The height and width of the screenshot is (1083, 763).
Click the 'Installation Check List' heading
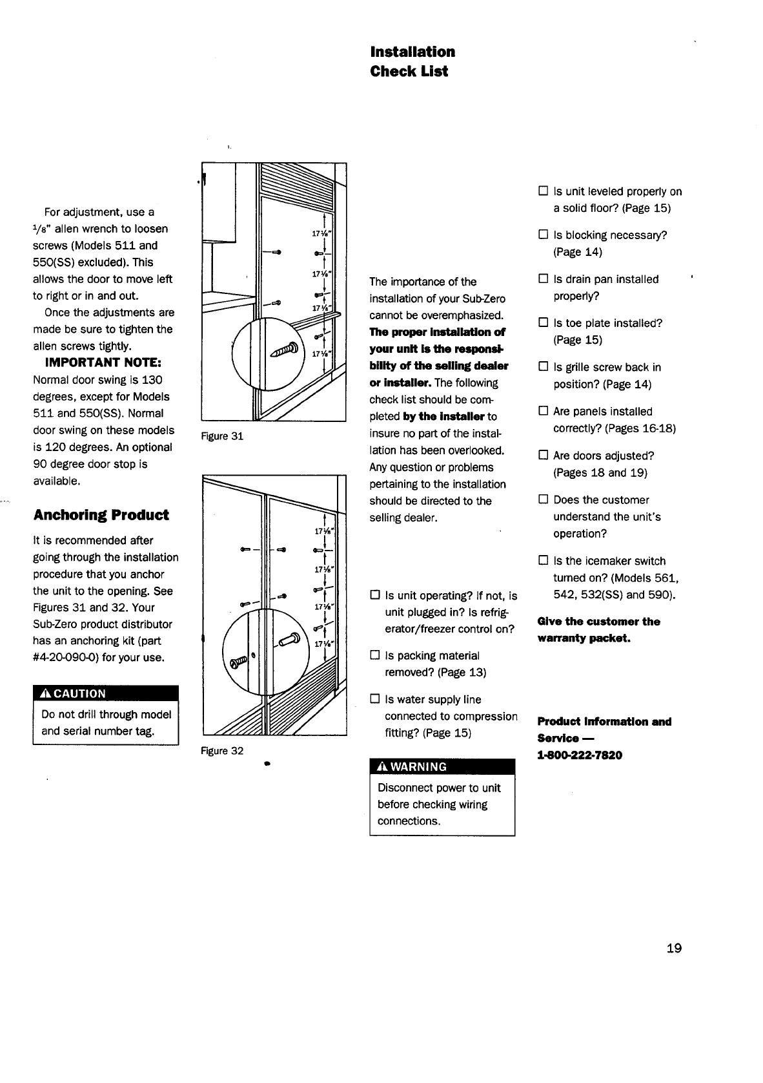412,61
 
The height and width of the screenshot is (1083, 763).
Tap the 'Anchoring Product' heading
101,515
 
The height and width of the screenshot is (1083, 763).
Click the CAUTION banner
105,693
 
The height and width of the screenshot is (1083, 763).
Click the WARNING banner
442,767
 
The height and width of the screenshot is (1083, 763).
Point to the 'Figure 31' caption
222,436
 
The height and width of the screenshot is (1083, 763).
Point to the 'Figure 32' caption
222,751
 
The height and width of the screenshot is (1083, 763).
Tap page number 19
674,948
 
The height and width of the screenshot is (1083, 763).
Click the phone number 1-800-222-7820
580,755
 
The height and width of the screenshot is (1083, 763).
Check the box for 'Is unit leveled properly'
543,191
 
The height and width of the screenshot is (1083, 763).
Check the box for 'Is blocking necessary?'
543,235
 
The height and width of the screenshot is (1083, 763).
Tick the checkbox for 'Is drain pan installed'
543,279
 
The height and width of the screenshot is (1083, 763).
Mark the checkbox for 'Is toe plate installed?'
543,323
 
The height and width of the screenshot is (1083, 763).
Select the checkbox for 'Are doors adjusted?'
543,456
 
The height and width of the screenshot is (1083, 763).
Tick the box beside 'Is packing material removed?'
374,656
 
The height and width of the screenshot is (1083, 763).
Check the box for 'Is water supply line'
374,700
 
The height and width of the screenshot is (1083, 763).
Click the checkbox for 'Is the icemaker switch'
543,561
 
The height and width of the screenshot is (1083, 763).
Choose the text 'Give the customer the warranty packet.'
598,630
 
